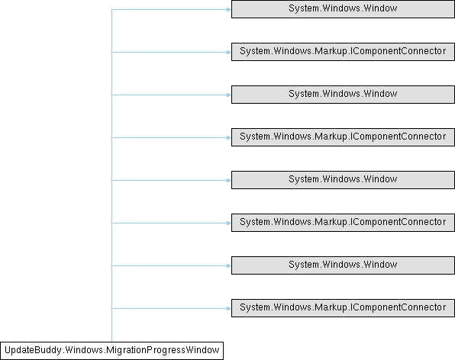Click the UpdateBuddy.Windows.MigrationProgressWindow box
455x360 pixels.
[111, 351]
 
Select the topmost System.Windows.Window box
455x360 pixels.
[343, 9]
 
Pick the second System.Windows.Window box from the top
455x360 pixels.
[343, 95]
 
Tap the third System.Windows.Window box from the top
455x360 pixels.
[343, 180]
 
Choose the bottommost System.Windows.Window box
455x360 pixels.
[343, 265]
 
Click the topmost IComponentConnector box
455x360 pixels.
[343, 52]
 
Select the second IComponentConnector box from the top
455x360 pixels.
[343, 137]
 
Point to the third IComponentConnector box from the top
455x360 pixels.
[343, 223]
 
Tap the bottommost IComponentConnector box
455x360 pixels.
[343, 308]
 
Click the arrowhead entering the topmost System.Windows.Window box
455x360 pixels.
[229, 10]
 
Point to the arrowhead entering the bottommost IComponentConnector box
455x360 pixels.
[229, 308]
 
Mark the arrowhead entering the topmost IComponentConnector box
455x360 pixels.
[229, 52]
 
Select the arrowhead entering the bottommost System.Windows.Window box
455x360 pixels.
[229, 265]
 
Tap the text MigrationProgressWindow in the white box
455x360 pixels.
[163, 350]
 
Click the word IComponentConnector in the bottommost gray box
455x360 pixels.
[399, 307]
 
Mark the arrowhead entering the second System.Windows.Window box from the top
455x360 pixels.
[229, 95]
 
